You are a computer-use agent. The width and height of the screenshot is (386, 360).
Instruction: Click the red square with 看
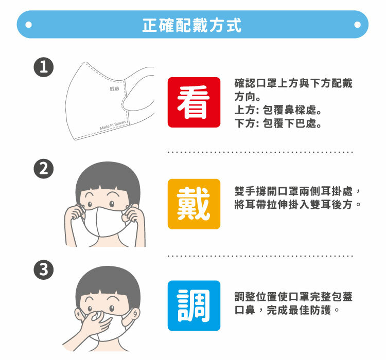coord(194,102)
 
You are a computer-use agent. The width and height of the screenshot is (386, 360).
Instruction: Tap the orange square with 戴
coord(194,204)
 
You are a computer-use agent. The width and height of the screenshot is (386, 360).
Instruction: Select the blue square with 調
coord(194,305)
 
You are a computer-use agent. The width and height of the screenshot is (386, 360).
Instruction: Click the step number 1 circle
coord(44,67)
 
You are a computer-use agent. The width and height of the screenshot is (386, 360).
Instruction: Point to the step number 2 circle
coord(44,169)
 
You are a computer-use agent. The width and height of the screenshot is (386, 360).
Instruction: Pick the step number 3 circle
coord(44,269)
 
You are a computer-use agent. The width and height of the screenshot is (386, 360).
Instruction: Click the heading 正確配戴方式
coord(192,25)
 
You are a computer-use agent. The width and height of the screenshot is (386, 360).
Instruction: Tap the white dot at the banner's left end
coord(28,25)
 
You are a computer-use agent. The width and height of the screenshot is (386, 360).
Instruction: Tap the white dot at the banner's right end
coord(358,25)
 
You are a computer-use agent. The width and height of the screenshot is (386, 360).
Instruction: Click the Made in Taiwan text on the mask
coord(113,125)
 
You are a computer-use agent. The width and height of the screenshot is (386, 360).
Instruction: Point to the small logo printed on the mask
coord(114,88)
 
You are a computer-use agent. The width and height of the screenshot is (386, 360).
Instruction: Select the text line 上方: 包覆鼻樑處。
coord(278,110)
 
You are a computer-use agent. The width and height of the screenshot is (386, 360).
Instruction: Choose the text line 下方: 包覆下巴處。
coord(278,123)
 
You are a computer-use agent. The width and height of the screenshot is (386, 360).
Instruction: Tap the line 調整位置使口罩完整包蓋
coord(293,297)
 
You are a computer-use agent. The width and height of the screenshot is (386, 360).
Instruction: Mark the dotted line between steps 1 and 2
coord(260,152)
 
